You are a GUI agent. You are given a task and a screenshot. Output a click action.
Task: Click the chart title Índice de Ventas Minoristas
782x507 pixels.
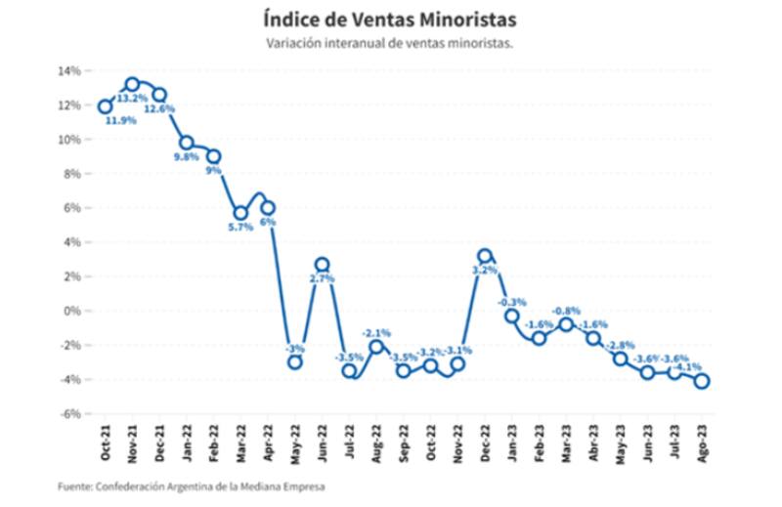[x=390, y=20]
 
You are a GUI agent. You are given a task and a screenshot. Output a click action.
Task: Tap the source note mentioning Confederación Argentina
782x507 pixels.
[x=192, y=486]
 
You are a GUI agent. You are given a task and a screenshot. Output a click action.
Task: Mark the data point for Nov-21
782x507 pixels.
[x=132, y=84]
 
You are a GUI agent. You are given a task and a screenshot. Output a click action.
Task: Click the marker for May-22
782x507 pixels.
[x=294, y=362]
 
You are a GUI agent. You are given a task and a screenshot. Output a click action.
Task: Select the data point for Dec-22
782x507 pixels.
[x=485, y=256]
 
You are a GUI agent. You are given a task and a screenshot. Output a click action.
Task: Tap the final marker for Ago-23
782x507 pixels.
[x=702, y=381]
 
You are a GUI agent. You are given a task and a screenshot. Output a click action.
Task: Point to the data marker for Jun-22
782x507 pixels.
[x=322, y=265]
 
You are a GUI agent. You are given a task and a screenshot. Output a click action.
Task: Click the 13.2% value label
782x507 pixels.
[x=132, y=99]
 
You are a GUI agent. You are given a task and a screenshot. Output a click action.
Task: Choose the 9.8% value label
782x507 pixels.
[x=186, y=156]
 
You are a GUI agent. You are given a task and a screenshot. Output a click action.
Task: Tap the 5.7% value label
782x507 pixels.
[x=240, y=227]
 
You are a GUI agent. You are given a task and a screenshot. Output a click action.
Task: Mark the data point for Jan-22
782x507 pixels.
[x=187, y=143]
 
